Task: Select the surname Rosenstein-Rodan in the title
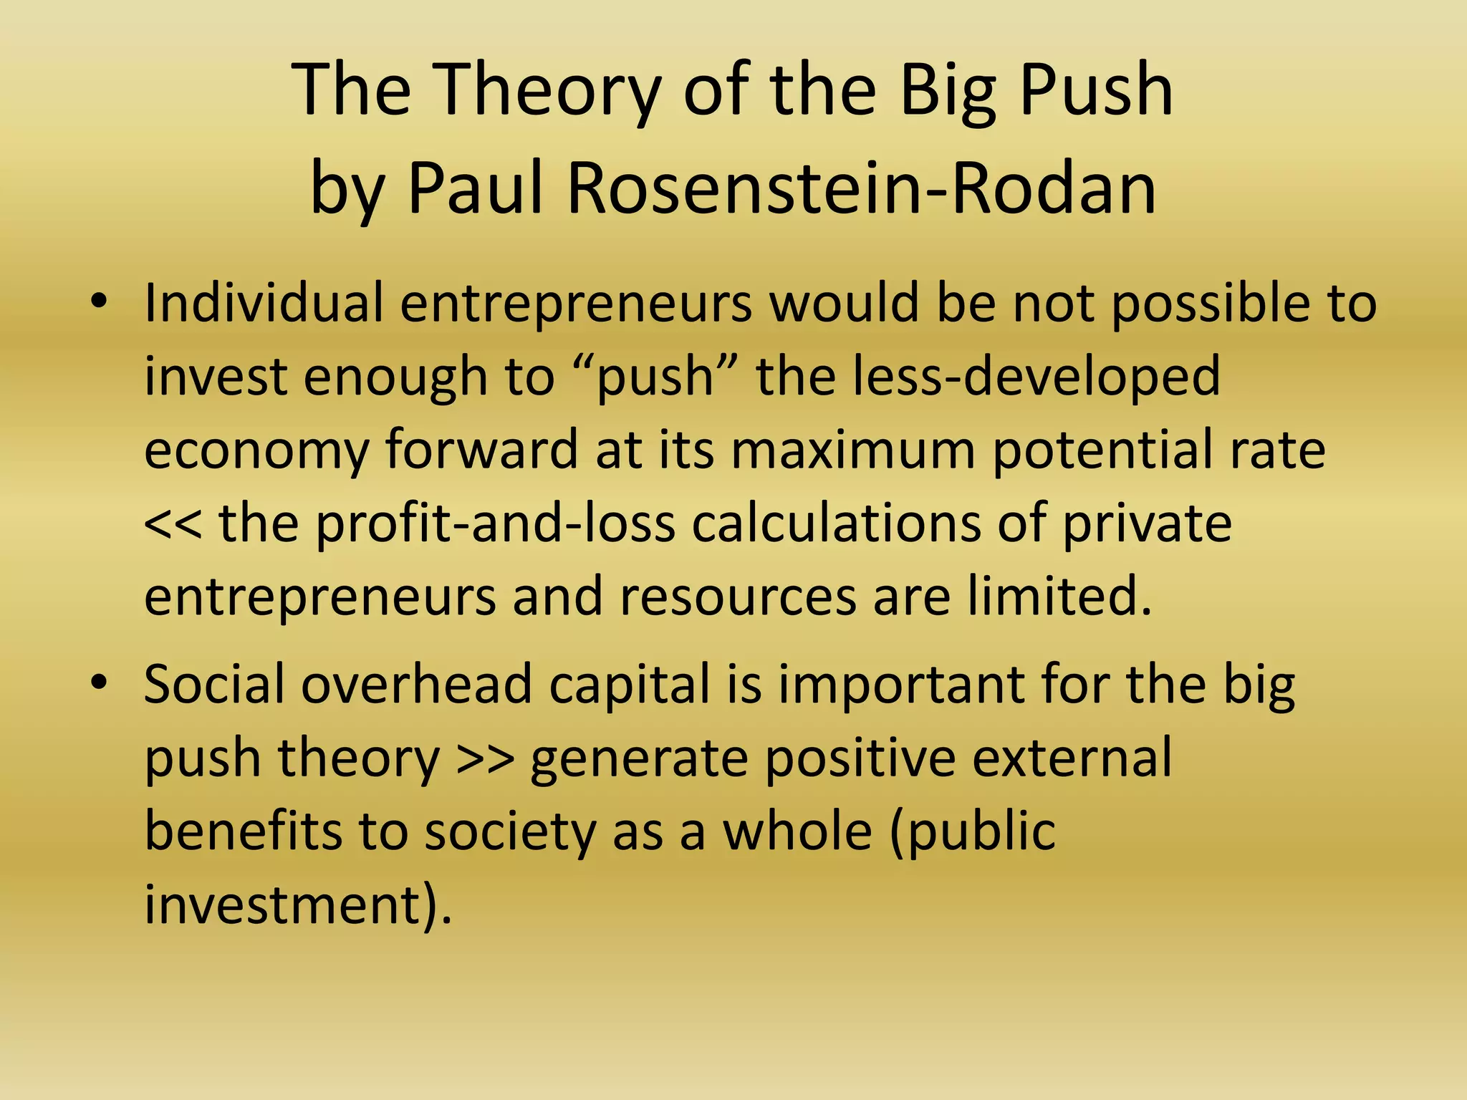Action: tap(862, 188)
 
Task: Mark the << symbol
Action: tap(173, 524)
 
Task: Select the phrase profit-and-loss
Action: tap(496, 524)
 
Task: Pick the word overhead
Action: tap(416, 684)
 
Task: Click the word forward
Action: tap(481, 450)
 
